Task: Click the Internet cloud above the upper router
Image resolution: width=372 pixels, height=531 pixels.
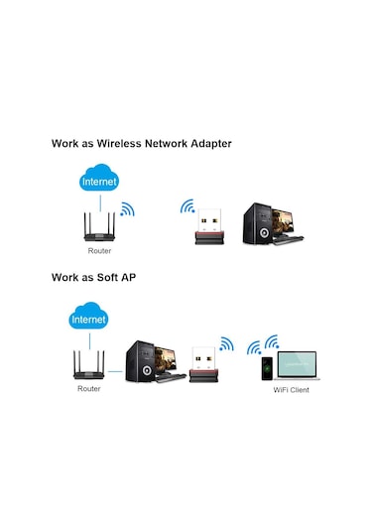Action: pyautogui.click(x=99, y=182)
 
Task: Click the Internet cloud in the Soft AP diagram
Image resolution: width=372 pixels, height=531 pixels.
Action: pyautogui.click(x=88, y=320)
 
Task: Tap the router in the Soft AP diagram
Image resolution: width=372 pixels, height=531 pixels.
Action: pyautogui.click(x=88, y=367)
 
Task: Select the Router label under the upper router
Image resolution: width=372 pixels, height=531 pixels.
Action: pyautogui.click(x=99, y=253)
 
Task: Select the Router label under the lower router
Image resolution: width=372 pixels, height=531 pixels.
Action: pyautogui.click(x=88, y=388)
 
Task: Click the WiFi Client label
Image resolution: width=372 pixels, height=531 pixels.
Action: pyautogui.click(x=292, y=390)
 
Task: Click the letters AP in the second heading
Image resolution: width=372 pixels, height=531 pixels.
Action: pyautogui.click(x=128, y=277)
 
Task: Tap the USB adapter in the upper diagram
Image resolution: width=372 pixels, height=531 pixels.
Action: pyautogui.click(x=209, y=227)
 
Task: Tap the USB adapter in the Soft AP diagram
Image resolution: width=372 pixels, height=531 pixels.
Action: pyautogui.click(x=203, y=363)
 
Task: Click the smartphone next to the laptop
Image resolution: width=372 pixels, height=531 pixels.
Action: pyautogui.click(x=266, y=368)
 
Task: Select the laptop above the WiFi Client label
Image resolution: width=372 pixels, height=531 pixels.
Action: pyautogui.click(x=297, y=365)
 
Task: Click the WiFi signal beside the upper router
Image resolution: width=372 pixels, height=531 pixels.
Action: pyautogui.click(x=126, y=209)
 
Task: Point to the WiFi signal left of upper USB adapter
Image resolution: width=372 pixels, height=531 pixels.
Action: pyautogui.click(x=186, y=207)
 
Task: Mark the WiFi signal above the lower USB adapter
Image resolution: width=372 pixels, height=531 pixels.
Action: pyautogui.click(x=227, y=344)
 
